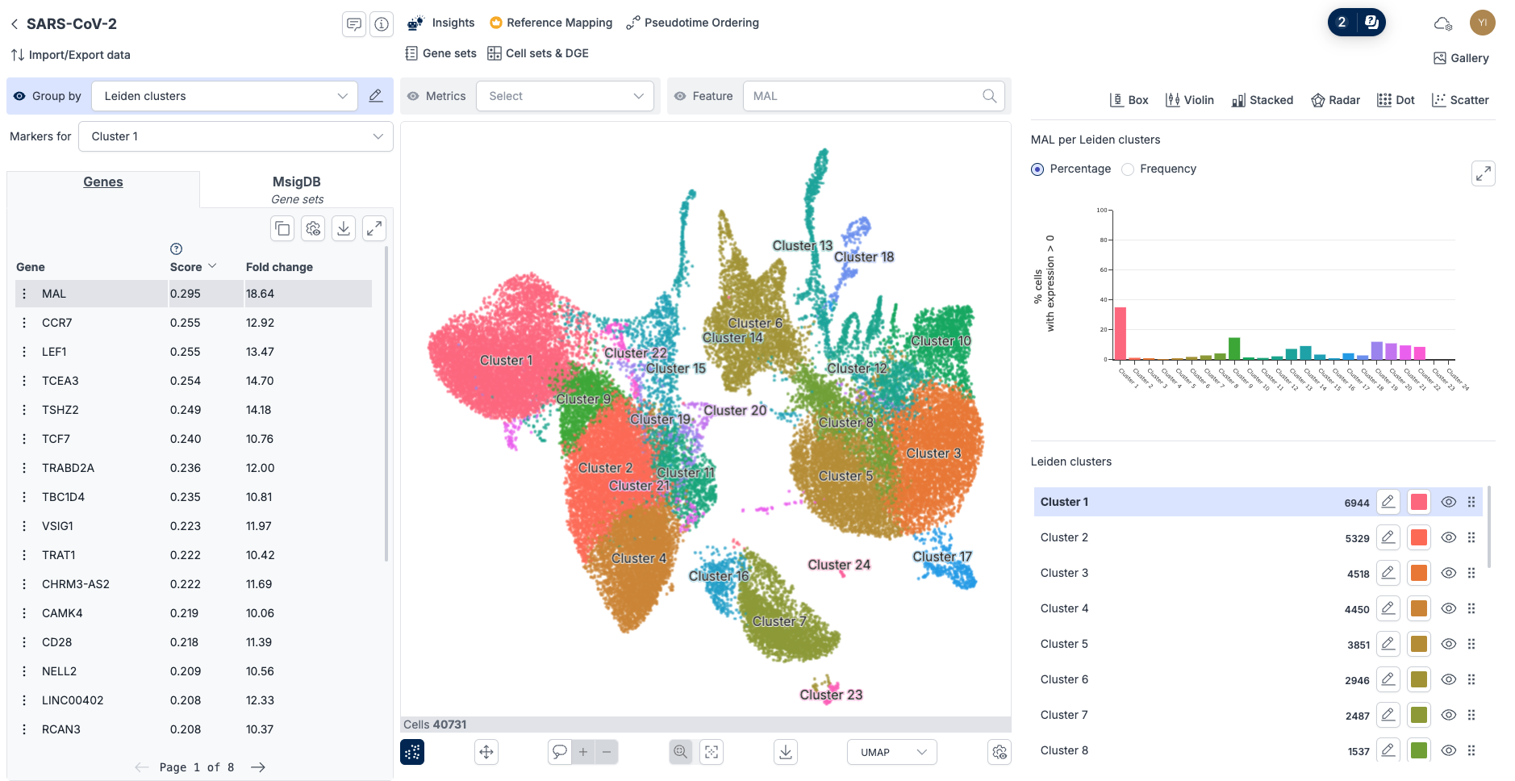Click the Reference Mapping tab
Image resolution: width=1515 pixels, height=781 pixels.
[551, 23]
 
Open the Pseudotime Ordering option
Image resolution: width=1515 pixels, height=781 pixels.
[693, 23]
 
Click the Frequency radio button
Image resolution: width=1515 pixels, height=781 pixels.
[1128, 169]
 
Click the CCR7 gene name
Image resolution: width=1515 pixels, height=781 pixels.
[56, 323]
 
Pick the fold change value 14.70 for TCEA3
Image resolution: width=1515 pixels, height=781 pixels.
[260, 381]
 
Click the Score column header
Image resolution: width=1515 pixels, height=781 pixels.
[186, 267]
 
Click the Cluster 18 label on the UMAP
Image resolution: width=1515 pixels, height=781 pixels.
[864, 257]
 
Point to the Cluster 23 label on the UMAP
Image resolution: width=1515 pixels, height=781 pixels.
[831, 695]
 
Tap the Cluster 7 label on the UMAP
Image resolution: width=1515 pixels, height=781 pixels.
[779, 621]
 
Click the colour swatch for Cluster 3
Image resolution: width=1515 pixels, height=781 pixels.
[1418, 573]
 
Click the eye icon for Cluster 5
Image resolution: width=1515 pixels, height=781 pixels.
[1448, 644]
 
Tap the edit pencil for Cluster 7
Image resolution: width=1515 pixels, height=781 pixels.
[1388, 715]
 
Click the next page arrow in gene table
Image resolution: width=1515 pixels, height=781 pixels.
[258, 767]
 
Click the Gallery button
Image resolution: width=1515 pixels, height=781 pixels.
[1461, 58]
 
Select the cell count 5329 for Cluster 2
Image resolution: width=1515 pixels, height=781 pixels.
[1357, 538]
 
